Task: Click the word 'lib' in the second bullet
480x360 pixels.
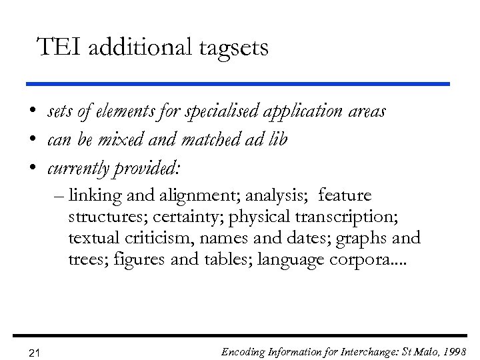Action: (x=277, y=141)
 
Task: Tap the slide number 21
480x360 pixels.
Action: (x=35, y=353)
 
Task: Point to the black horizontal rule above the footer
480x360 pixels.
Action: (x=239, y=335)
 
